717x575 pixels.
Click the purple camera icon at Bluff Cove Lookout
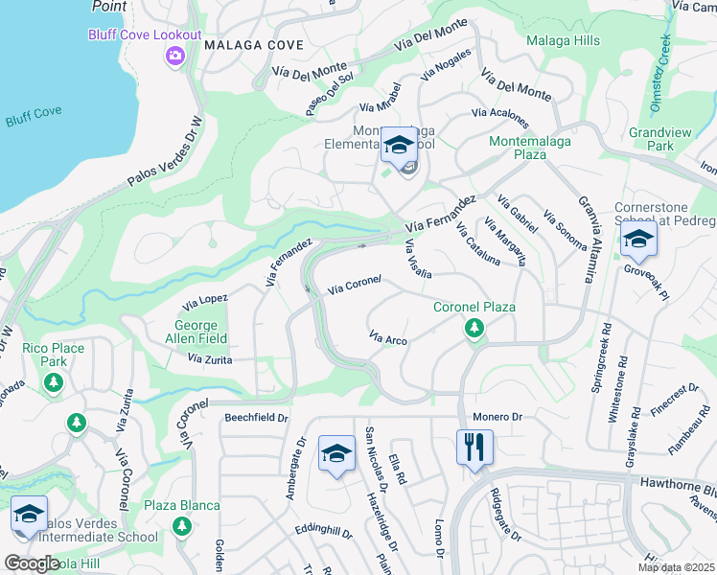[x=174, y=56]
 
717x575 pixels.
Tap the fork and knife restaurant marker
[x=474, y=448]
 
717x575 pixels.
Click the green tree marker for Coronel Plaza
[x=473, y=329]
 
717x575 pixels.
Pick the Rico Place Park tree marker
[x=54, y=383]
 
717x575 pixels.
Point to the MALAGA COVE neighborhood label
[x=254, y=45]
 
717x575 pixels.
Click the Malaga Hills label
[x=563, y=40]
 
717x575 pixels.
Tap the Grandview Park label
[x=652, y=139]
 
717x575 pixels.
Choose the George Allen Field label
[x=200, y=333]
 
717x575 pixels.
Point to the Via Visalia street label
[x=416, y=256]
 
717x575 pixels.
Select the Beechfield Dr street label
[x=257, y=418]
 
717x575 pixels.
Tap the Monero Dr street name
[x=497, y=417]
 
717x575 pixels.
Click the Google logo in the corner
[x=32, y=563]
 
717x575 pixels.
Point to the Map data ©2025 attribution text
[x=676, y=567]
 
